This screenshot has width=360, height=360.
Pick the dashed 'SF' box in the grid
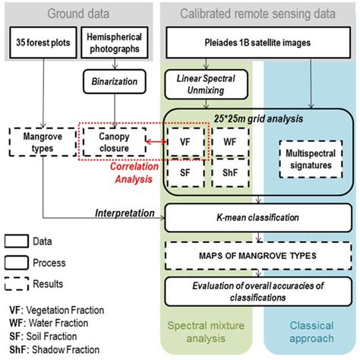click(186, 174)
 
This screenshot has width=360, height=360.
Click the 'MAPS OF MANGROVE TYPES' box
click(261, 254)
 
